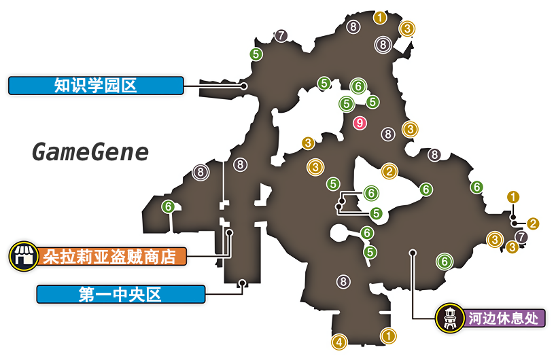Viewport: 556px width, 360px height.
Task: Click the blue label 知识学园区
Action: coord(96,86)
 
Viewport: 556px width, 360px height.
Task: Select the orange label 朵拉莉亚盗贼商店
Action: coord(109,256)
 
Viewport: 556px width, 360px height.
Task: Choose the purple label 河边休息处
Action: coord(505,317)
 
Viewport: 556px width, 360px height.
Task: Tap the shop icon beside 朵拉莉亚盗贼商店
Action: coord(23,256)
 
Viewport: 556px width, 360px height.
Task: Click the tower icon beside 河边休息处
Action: coord(450,317)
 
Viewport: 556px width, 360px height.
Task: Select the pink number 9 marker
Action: coord(360,123)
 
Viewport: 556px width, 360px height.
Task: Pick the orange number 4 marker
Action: coord(338,342)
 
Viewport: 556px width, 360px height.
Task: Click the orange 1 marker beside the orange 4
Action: coord(388,335)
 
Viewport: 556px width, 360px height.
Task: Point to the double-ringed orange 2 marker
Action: coord(389,172)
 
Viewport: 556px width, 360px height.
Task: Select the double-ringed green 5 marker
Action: coord(347,104)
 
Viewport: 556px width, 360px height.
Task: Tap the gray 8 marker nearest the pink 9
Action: coord(388,134)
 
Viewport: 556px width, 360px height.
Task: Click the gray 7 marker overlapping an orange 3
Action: coord(521,237)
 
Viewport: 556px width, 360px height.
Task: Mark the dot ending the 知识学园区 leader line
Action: coord(243,86)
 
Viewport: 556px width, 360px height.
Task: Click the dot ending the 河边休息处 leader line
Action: coord(413,253)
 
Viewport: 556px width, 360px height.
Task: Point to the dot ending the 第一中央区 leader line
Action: coord(243,283)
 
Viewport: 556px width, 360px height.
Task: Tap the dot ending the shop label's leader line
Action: coord(230,232)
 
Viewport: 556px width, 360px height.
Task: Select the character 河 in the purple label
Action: coord(474,317)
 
